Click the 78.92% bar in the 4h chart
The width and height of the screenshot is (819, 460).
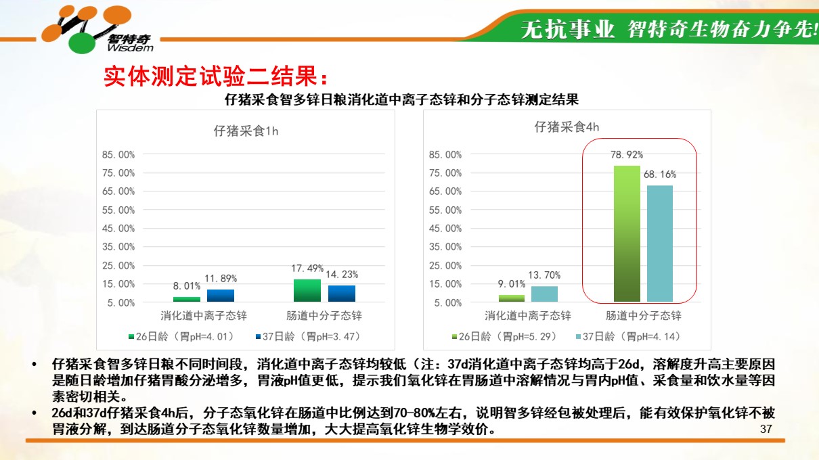pos(627,234)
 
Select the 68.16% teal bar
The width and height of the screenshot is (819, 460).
pos(660,244)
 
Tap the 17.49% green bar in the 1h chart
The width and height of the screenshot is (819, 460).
pos(307,290)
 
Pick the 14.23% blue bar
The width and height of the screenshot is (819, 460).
pos(342,294)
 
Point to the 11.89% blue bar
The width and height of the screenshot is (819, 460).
pos(221,296)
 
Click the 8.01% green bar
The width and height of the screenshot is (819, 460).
pos(187,299)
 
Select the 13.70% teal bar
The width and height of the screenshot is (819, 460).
pos(544,294)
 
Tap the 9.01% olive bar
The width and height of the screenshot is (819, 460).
pos(512,298)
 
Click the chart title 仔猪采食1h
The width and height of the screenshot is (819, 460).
pos(246,131)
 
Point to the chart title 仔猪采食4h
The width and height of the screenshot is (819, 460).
pos(567,127)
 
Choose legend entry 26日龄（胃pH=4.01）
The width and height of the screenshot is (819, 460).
pos(181,336)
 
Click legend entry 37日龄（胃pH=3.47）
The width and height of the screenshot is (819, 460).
pos(308,336)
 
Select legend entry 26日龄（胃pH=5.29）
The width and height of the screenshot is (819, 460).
pos(504,336)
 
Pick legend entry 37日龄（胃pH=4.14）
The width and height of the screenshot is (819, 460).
pos(628,336)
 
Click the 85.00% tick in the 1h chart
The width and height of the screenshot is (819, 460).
pos(118,154)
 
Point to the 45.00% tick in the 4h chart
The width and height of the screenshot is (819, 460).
pos(445,229)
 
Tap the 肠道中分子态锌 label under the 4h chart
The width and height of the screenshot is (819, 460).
pos(644,316)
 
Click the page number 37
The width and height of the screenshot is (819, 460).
pos(766,429)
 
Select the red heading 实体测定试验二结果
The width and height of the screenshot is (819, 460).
pos(216,76)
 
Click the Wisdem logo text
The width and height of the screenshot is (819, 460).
pos(131,48)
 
